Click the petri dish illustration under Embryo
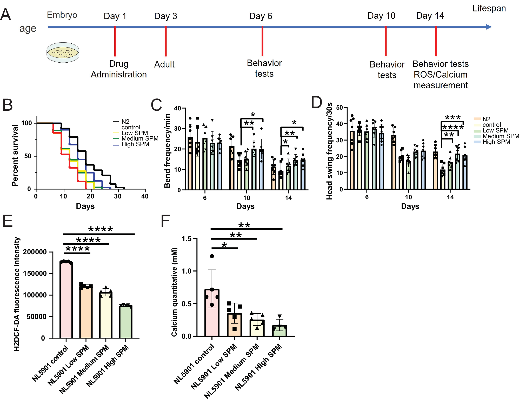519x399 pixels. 63,52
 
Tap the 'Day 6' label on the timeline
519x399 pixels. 261,16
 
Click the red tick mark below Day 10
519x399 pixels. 385,41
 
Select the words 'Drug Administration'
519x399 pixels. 119,69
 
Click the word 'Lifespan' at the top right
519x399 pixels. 489,8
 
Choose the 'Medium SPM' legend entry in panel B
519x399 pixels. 140,138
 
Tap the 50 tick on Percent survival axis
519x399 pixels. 28,156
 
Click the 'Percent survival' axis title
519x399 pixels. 15,155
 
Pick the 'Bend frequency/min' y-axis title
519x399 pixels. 167,151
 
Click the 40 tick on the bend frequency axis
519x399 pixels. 178,108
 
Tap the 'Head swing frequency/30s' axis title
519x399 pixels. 329,151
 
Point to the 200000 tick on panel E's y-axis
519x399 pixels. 35,252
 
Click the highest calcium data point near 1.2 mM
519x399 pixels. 212,256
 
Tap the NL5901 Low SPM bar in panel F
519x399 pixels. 234,325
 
